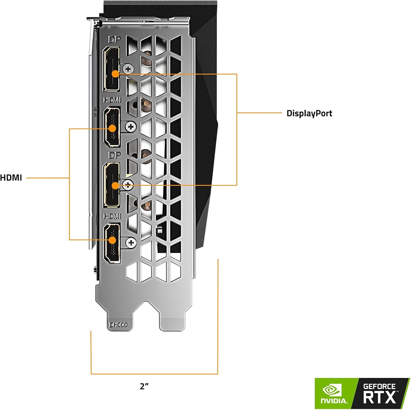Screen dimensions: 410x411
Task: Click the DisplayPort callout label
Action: [309, 113]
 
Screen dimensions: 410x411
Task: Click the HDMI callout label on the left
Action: [11, 178]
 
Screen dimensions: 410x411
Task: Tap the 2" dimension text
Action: [144, 386]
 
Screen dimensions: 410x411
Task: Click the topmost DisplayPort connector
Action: [111, 69]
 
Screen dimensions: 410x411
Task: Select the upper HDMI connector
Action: [112, 127]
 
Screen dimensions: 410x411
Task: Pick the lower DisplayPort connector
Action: [111, 184]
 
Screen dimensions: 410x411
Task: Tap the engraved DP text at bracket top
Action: [114, 40]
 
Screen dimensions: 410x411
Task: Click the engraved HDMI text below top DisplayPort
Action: [112, 100]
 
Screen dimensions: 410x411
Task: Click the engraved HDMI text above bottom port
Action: [112, 216]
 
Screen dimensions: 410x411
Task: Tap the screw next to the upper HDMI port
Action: [131, 126]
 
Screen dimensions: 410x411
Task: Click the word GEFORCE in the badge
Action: [379, 386]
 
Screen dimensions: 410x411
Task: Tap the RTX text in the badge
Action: [379, 397]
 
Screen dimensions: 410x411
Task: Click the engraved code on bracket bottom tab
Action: [118, 325]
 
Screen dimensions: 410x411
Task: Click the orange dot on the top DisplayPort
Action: [115, 74]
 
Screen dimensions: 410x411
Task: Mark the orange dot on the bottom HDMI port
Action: [112, 240]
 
